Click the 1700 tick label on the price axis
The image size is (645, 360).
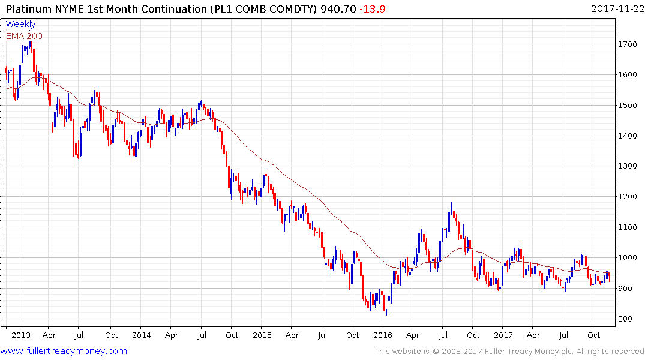point(629,44)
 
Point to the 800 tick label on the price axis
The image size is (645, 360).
point(626,319)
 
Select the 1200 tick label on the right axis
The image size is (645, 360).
point(629,197)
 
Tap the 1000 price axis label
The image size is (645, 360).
point(629,258)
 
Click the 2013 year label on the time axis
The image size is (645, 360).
point(21,335)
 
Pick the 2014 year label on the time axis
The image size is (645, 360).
point(142,335)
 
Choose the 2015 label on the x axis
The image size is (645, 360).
point(262,335)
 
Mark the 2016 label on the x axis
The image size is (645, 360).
point(383,335)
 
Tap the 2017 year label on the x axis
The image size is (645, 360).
point(503,335)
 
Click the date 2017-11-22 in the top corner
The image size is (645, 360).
point(617,8)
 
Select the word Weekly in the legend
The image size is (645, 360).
point(20,24)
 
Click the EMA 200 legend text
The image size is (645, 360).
point(24,36)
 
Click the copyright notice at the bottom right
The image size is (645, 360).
point(509,352)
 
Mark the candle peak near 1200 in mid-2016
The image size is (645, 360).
point(454,197)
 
